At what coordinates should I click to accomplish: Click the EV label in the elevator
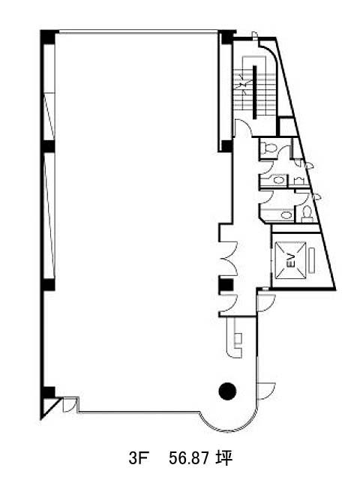291,260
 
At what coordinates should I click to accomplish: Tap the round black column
227,391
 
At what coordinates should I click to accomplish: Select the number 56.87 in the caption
189,458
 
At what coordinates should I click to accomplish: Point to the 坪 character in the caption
223,458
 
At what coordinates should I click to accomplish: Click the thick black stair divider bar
254,91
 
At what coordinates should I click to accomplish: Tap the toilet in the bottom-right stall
307,211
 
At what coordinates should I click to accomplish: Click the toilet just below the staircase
270,147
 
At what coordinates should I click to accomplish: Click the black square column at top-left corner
47,37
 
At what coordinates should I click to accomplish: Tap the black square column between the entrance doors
226,285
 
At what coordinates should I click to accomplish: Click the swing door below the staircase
242,127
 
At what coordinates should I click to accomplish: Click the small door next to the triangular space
69,405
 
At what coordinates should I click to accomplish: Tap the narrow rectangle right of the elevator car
311,261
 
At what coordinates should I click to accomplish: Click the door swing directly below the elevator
265,303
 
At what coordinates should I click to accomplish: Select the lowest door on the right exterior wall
265,391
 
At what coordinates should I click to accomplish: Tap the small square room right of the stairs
288,126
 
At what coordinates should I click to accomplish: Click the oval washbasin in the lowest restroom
286,215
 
